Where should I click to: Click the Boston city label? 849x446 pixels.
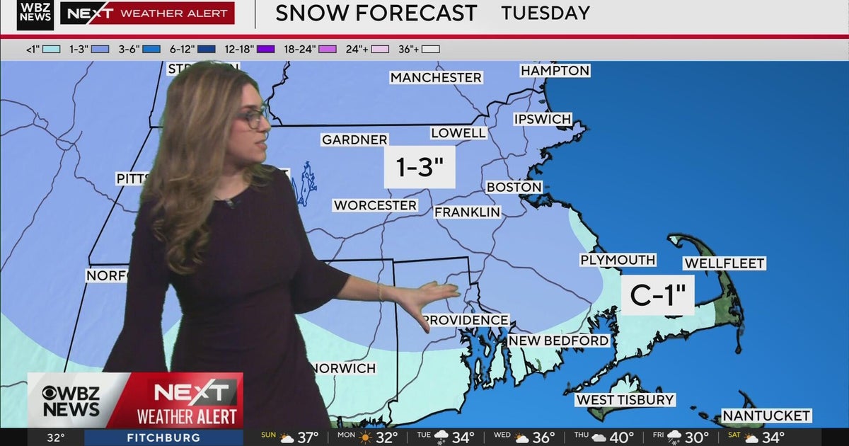514,188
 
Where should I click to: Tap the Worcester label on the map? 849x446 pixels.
375,205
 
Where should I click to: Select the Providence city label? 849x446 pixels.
466,320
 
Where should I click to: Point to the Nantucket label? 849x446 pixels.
766,416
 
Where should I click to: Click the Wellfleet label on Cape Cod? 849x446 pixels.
724,263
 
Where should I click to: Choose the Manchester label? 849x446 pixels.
436,77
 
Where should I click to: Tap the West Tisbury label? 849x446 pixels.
625,400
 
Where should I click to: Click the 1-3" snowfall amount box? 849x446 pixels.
419,167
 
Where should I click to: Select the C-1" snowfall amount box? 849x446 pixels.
657,295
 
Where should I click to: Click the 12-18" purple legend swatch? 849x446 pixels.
265,49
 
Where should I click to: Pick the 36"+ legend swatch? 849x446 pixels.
431,49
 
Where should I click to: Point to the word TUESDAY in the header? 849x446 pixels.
545,13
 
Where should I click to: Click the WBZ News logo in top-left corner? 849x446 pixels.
35,15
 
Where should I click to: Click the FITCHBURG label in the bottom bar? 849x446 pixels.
163,438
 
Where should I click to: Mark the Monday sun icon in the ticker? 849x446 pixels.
365,438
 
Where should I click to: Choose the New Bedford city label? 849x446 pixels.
558,341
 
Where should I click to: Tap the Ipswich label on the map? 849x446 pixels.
543,119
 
